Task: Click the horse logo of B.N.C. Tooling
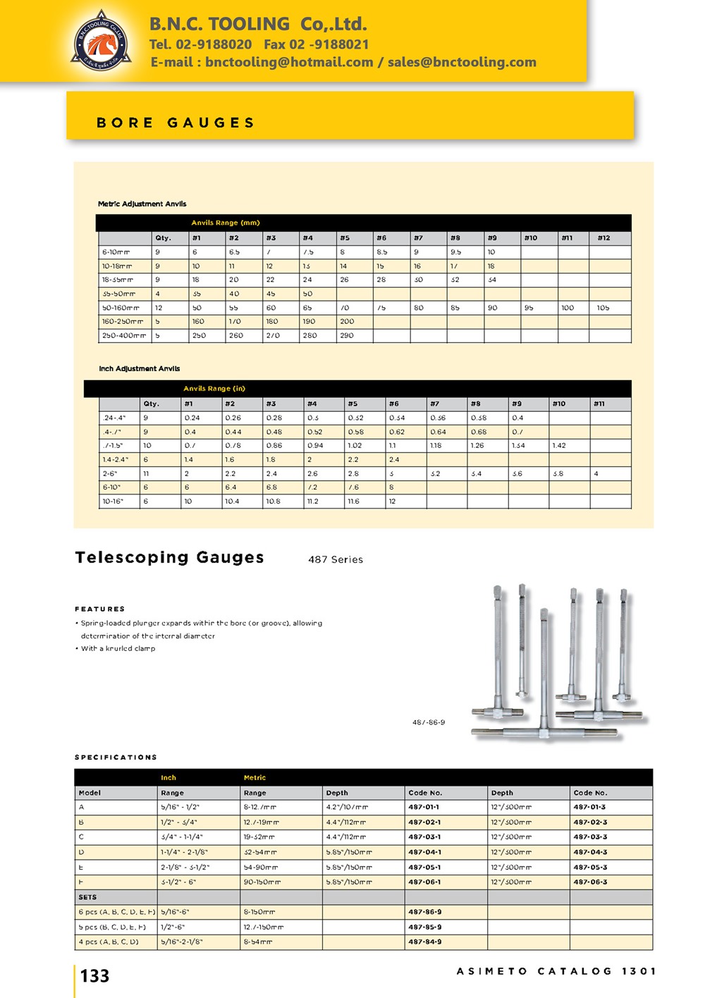(x=101, y=42)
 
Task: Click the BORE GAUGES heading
(x=175, y=123)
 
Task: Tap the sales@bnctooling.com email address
(x=462, y=62)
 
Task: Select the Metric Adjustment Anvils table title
(x=142, y=204)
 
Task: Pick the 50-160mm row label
(x=121, y=308)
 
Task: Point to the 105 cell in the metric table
(x=603, y=308)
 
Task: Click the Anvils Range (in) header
(x=214, y=389)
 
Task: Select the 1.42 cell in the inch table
(x=559, y=446)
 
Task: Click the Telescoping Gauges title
(x=169, y=557)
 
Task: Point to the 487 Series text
(x=336, y=559)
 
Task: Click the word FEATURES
(x=100, y=609)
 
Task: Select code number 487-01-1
(x=424, y=807)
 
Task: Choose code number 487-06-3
(x=590, y=882)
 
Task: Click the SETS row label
(x=88, y=897)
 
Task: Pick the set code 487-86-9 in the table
(x=425, y=912)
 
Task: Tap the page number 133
(x=95, y=976)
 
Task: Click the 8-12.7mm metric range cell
(x=260, y=807)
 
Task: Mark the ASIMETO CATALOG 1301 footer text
(x=556, y=971)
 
